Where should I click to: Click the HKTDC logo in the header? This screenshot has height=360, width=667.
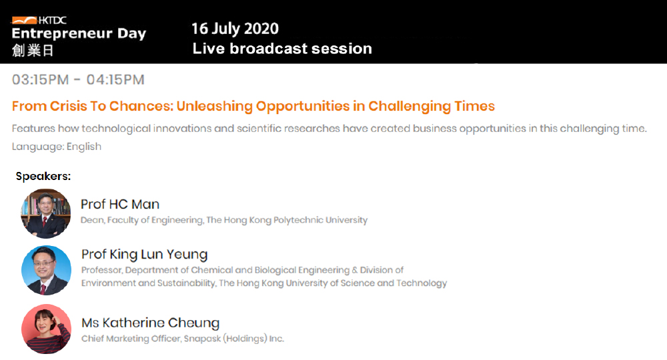pyautogui.click(x=39, y=20)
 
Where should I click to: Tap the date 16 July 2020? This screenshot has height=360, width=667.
pyautogui.click(x=235, y=29)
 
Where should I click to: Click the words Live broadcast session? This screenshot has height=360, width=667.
pyautogui.click(x=282, y=49)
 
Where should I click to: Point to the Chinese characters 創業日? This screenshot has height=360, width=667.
pyautogui.click(x=33, y=51)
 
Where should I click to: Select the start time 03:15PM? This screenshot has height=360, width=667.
pyautogui.click(x=41, y=79)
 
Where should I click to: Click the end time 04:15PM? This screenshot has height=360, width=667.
pyautogui.click(x=115, y=79)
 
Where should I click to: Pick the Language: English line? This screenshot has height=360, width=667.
pyautogui.click(x=57, y=147)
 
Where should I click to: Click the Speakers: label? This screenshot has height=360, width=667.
pyautogui.click(x=43, y=176)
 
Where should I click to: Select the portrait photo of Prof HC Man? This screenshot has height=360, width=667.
pyautogui.click(x=46, y=213)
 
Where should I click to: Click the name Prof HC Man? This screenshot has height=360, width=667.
pyautogui.click(x=120, y=204)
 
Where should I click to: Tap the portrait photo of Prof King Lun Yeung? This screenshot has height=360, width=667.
pyautogui.click(x=47, y=270)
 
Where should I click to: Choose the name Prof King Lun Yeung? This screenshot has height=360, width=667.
pyautogui.click(x=145, y=255)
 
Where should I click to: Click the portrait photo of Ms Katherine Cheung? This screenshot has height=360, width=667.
pyautogui.click(x=47, y=329)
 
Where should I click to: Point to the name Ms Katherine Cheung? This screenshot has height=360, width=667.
pyautogui.click(x=151, y=323)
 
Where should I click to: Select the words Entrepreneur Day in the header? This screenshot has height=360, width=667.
pyautogui.click(x=79, y=33)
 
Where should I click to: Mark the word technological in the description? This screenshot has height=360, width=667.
pyautogui.click(x=116, y=129)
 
